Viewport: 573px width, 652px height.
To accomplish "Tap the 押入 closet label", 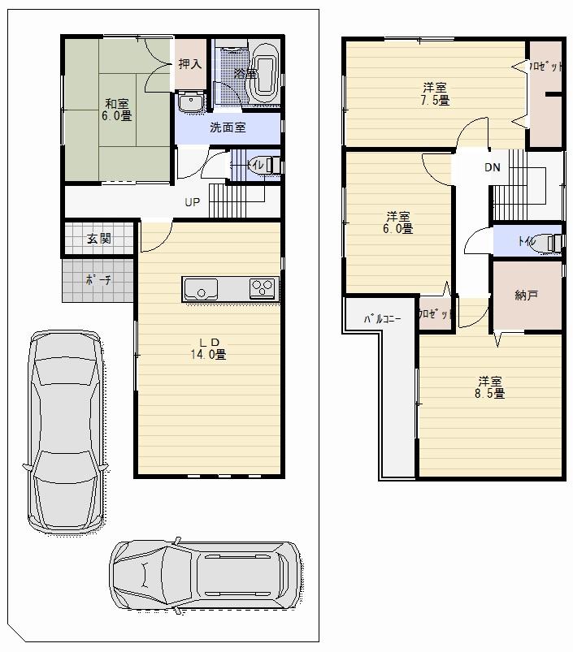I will [190, 63].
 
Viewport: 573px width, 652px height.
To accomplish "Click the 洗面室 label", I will [228, 127].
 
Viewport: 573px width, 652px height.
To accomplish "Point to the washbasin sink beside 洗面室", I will [191, 102].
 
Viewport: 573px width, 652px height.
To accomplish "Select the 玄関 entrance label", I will [99, 240].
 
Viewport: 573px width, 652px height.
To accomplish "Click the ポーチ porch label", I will [98, 279].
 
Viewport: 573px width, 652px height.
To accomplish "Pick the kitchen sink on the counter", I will [200, 288].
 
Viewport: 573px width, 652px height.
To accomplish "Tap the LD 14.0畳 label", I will [208, 348].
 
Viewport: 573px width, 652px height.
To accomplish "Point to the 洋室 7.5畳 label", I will [435, 93].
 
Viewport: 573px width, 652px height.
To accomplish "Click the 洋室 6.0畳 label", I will [399, 222].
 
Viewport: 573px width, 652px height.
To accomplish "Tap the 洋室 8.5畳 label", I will [490, 386].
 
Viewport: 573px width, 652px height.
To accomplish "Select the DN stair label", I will [493, 168].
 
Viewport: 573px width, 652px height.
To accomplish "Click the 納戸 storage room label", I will [527, 296].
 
